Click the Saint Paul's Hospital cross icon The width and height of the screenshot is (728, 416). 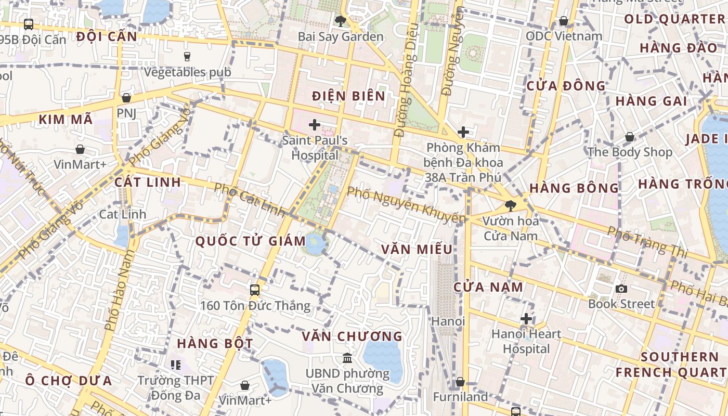click(314, 125)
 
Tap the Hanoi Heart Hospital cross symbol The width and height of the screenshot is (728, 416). click(526, 318)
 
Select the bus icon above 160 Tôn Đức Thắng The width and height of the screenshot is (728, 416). click(255, 290)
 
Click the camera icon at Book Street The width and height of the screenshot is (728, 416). click(621, 289)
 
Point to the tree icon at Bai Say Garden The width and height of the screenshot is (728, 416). click(341, 21)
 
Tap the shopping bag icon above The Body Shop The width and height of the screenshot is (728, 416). click(629, 137)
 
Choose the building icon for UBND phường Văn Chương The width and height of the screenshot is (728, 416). click(347, 358)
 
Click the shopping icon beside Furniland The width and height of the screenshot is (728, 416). click(460, 383)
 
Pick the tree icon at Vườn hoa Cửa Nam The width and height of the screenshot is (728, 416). click(511, 206)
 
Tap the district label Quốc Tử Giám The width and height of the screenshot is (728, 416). click(251, 241)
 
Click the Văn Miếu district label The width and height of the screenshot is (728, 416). click(417, 250)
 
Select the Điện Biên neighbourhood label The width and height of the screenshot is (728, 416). click(349, 96)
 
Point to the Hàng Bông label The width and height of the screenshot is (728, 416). click(574, 188)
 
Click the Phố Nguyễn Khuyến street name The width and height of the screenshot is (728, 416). click(406, 204)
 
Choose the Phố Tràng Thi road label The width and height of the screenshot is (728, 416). click(647, 242)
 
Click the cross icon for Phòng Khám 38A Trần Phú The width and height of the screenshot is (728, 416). click(463, 132)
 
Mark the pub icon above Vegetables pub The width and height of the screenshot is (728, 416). click(187, 56)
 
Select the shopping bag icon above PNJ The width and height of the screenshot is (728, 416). click(126, 98)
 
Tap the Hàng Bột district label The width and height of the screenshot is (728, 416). click(215, 344)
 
